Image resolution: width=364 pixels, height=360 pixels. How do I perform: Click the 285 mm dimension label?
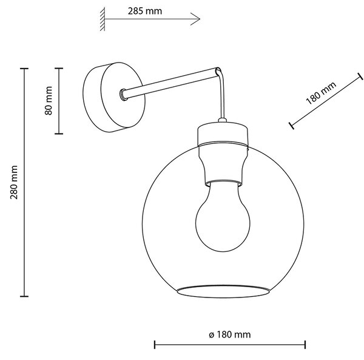[145, 11]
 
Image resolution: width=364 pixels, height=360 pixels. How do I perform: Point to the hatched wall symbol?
[103, 19]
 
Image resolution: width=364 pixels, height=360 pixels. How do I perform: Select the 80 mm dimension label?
[49, 101]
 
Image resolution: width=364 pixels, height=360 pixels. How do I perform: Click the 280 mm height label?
[14, 182]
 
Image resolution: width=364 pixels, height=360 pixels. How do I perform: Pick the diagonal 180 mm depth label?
[321, 93]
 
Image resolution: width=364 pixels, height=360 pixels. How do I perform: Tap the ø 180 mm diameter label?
[229, 335]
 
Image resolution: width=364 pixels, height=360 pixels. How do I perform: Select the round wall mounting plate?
[114, 97]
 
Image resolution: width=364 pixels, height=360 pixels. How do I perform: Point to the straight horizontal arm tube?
[170, 83]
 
